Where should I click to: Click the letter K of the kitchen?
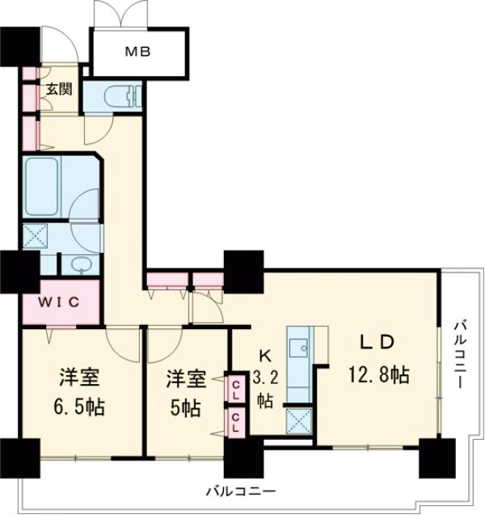264,353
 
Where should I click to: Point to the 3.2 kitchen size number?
265,376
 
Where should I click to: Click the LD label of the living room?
377,342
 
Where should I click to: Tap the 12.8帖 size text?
377,374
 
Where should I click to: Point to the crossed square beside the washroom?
36,238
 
